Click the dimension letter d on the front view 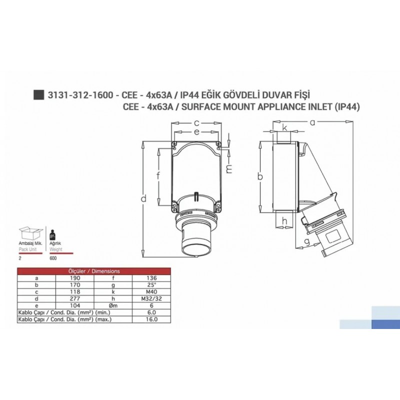click(143, 199)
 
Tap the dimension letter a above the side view click(313, 121)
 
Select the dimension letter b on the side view click(260, 176)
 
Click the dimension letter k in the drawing click(284, 128)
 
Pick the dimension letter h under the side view click(284, 221)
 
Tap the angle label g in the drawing click(307, 241)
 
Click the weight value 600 click(52, 259)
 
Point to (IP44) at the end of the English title click(347, 106)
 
